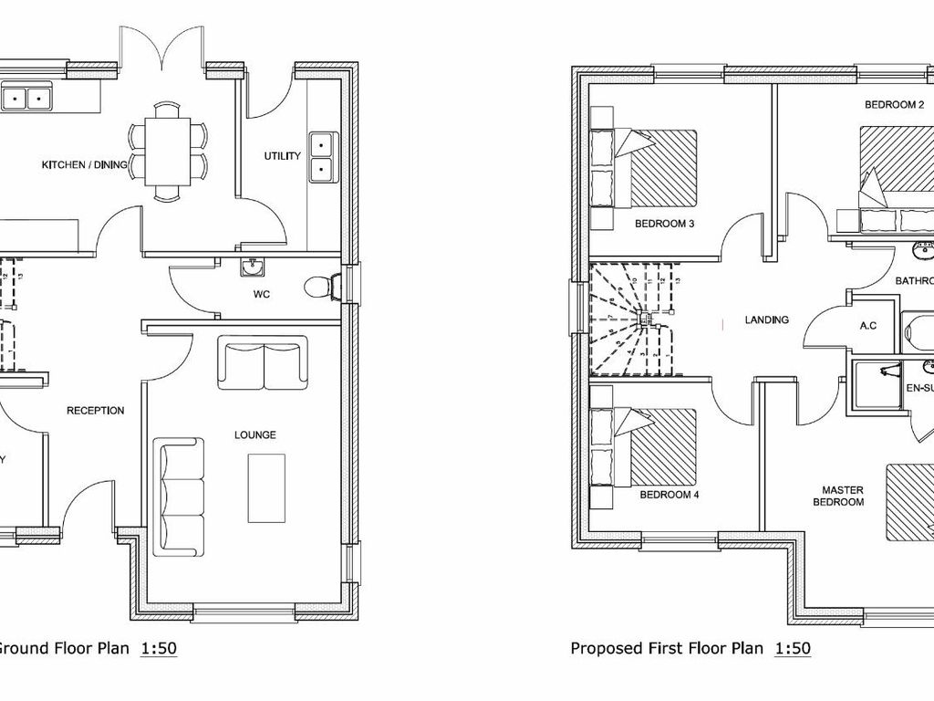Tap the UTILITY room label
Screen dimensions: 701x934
tap(283, 156)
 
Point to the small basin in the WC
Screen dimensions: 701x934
tap(253, 267)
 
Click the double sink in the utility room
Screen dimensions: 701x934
tap(322, 156)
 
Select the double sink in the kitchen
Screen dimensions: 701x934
tap(26, 95)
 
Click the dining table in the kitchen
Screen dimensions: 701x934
tap(167, 151)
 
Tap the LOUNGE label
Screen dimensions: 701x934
tap(255, 434)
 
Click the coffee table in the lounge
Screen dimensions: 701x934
tap(266, 488)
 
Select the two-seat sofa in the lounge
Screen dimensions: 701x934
tap(263, 362)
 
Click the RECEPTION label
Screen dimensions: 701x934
tap(96, 411)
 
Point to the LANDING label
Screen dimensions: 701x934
tap(766, 319)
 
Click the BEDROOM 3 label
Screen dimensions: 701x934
tap(666, 223)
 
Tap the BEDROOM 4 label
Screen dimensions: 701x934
tap(669, 495)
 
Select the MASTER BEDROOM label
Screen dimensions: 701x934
tap(838, 496)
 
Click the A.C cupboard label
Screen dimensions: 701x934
tap(868, 325)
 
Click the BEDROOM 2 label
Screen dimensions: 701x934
tap(894, 105)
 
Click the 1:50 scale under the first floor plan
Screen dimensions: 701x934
tap(792, 649)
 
